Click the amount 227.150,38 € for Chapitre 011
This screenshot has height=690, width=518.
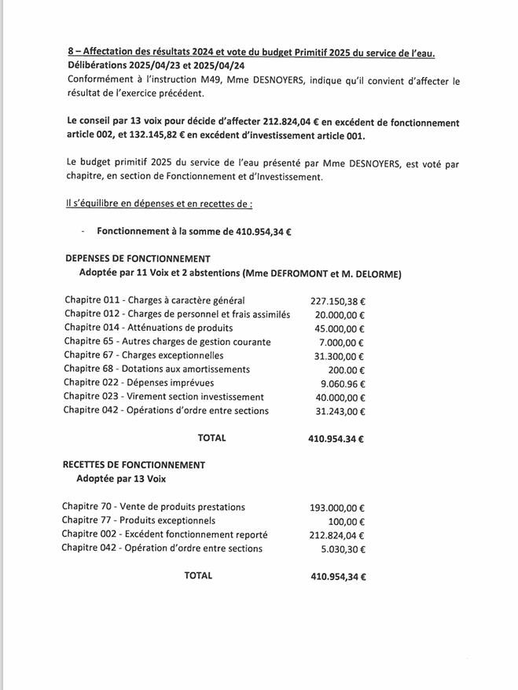(339, 300)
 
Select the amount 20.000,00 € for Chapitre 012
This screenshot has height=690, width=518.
(341, 314)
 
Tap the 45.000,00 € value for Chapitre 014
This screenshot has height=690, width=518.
(341, 328)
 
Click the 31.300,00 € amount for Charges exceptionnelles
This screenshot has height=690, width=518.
(341, 356)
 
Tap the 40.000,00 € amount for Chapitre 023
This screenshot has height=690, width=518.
(341, 397)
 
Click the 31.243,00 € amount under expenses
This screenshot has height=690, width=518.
(341, 411)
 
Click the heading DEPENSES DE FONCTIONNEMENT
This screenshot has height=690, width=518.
(138, 259)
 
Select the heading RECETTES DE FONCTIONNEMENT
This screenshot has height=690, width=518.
(134, 464)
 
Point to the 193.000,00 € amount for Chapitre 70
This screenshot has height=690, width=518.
(339, 508)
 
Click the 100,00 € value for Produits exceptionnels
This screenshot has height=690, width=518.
(347, 521)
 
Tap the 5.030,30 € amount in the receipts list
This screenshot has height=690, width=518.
(343, 549)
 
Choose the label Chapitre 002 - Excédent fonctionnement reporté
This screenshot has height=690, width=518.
(164, 534)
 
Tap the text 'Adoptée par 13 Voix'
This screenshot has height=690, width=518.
(121, 478)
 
